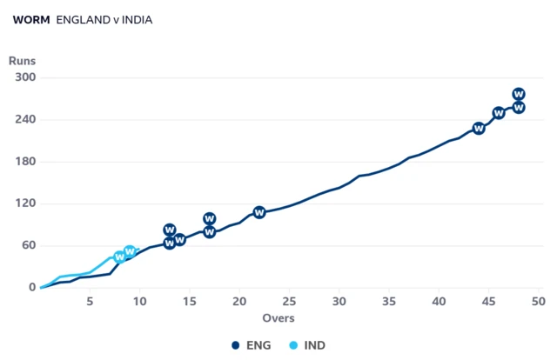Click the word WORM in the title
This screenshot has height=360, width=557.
pyautogui.click(x=31, y=20)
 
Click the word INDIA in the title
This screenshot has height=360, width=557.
pyautogui.click(x=138, y=20)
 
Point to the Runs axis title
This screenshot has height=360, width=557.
pyautogui.click(x=22, y=61)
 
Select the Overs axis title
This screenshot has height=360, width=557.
pyautogui.click(x=278, y=317)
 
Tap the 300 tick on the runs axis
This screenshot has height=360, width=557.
pyautogui.click(x=25, y=77)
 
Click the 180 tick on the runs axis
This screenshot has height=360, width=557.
pyautogui.click(x=25, y=161)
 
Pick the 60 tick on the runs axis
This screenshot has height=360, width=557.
pyautogui.click(x=29, y=245)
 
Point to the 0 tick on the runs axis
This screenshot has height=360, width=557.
pyautogui.click(x=32, y=287)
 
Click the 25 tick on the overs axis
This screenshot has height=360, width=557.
pyautogui.click(x=289, y=302)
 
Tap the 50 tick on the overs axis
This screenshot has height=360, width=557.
pyautogui.click(x=539, y=302)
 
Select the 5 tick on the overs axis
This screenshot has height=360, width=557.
pyautogui.click(x=90, y=302)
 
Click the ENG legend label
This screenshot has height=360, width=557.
pyautogui.click(x=258, y=345)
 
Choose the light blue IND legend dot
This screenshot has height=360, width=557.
pyautogui.click(x=293, y=345)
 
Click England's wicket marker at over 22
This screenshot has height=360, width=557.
pyautogui.click(x=259, y=212)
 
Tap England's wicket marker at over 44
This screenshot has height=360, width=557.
pyautogui.click(x=479, y=128)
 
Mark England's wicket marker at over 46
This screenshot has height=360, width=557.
pyautogui.click(x=499, y=113)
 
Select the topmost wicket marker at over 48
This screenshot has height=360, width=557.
pyautogui.click(x=519, y=94)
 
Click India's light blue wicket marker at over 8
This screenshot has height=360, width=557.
pyautogui.click(x=120, y=257)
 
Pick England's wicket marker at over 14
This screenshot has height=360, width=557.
pyautogui.click(x=180, y=240)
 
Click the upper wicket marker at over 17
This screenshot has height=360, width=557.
pyautogui.click(x=210, y=218)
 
